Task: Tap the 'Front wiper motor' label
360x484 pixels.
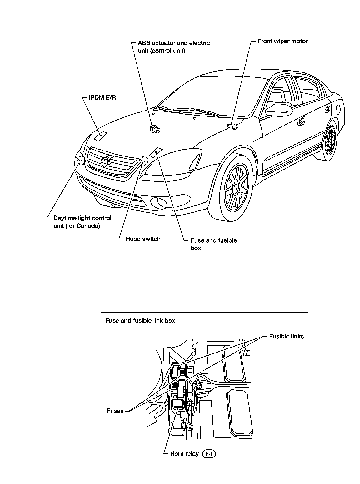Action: pos(282,41)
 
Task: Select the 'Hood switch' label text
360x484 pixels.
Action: pos(143,239)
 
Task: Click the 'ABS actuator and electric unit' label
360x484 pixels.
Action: pos(174,47)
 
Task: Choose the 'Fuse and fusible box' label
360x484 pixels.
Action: pos(213,244)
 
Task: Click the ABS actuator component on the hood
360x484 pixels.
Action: pos(154,128)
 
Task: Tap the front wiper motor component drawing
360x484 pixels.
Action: pos(233,126)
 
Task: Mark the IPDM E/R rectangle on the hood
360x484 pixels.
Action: pos(100,136)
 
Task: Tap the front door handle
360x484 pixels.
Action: pos(302,121)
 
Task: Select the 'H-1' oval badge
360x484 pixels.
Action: pos(209,454)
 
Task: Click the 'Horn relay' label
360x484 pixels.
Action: pos(184,454)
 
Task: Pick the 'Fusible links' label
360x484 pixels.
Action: pos(286,336)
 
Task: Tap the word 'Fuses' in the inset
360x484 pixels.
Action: pos(115,411)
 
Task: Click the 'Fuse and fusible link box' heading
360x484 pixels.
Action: pos(140,320)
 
